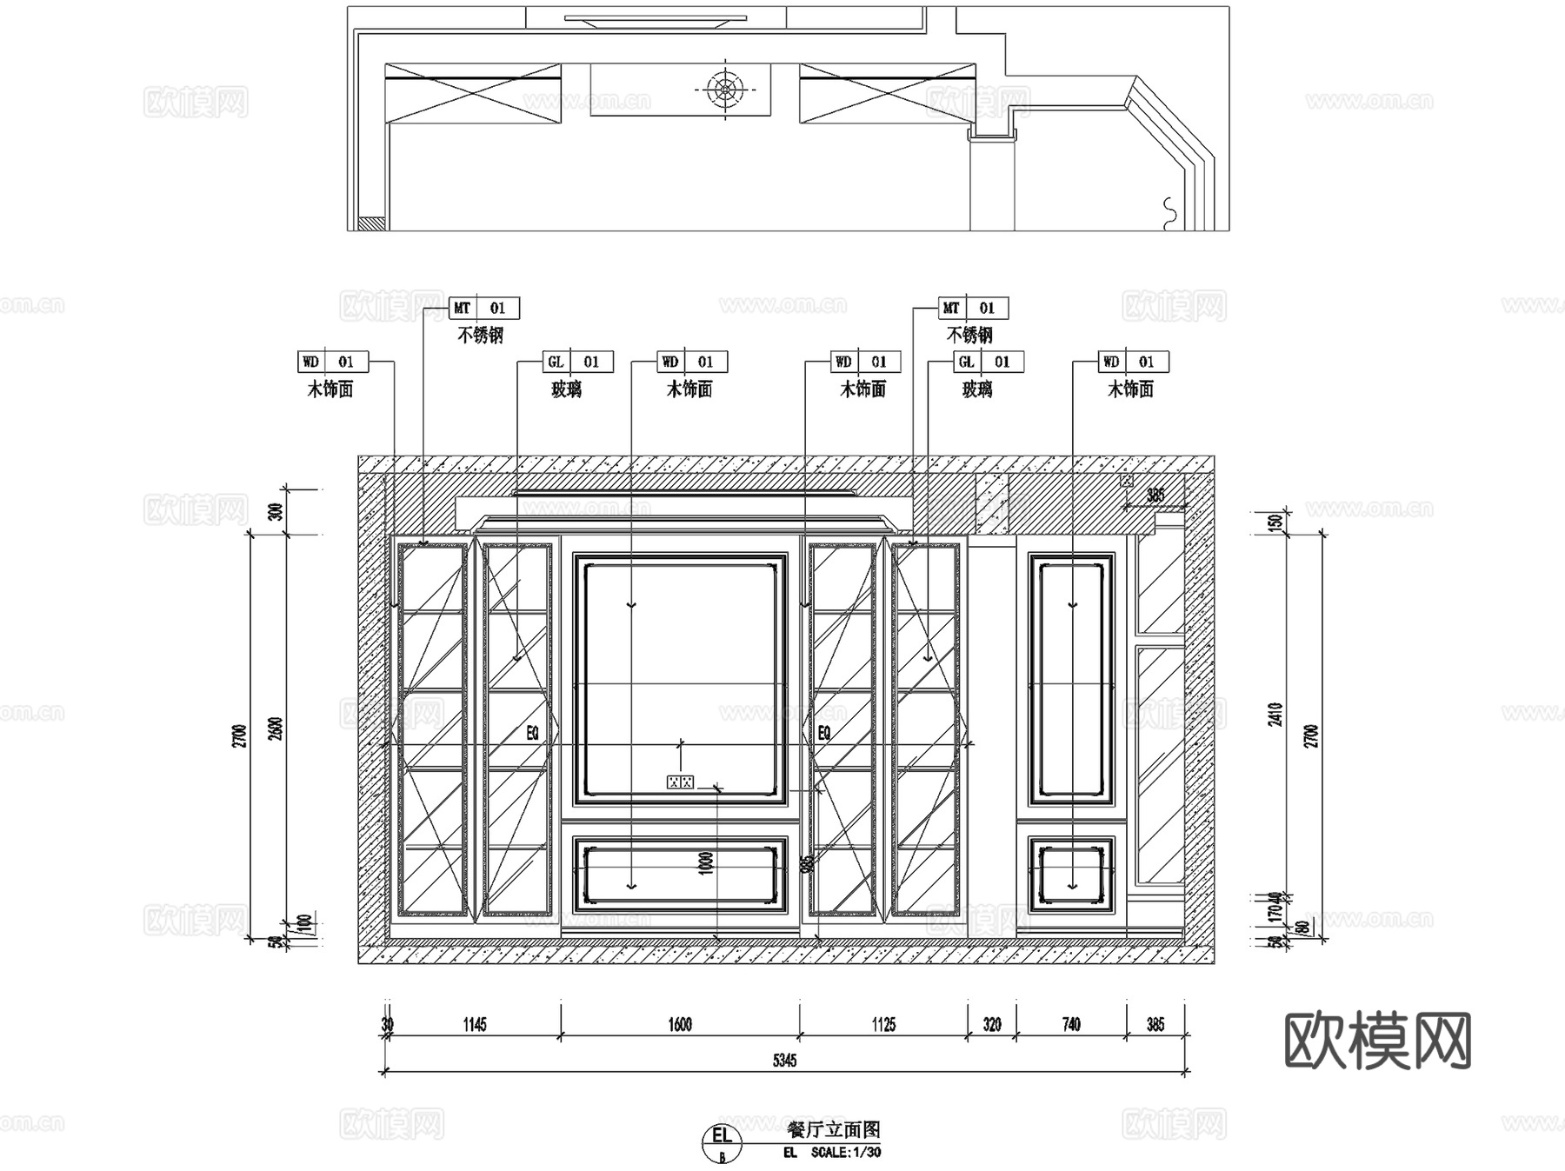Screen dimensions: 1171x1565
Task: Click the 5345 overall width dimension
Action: pyautogui.click(x=784, y=1060)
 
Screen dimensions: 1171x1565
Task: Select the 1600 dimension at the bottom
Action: pyautogui.click(x=680, y=1024)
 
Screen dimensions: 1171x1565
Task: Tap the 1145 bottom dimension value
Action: pyautogui.click(x=475, y=1024)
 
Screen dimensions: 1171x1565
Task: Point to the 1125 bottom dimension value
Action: pyautogui.click(x=883, y=1024)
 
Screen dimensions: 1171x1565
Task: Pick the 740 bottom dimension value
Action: pyautogui.click(x=1071, y=1024)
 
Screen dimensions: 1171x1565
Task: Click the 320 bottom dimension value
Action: pyautogui.click(x=992, y=1024)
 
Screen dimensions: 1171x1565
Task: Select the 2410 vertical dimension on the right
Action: pyautogui.click(x=1275, y=715)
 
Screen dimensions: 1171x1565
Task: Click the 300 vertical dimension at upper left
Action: pyautogui.click(x=276, y=511)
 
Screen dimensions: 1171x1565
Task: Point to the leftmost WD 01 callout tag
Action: pyautogui.click(x=333, y=362)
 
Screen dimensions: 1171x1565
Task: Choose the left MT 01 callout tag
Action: pyautogui.click(x=484, y=308)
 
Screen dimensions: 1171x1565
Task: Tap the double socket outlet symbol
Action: pyautogui.click(x=680, y=782)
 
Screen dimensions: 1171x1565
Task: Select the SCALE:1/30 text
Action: pyautogui.click(x=845, y=1153)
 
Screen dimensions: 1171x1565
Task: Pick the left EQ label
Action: pyautogui.click(x=533, y=733)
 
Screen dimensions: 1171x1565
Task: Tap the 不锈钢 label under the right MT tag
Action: pyautogui.click(x=969, y=335)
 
